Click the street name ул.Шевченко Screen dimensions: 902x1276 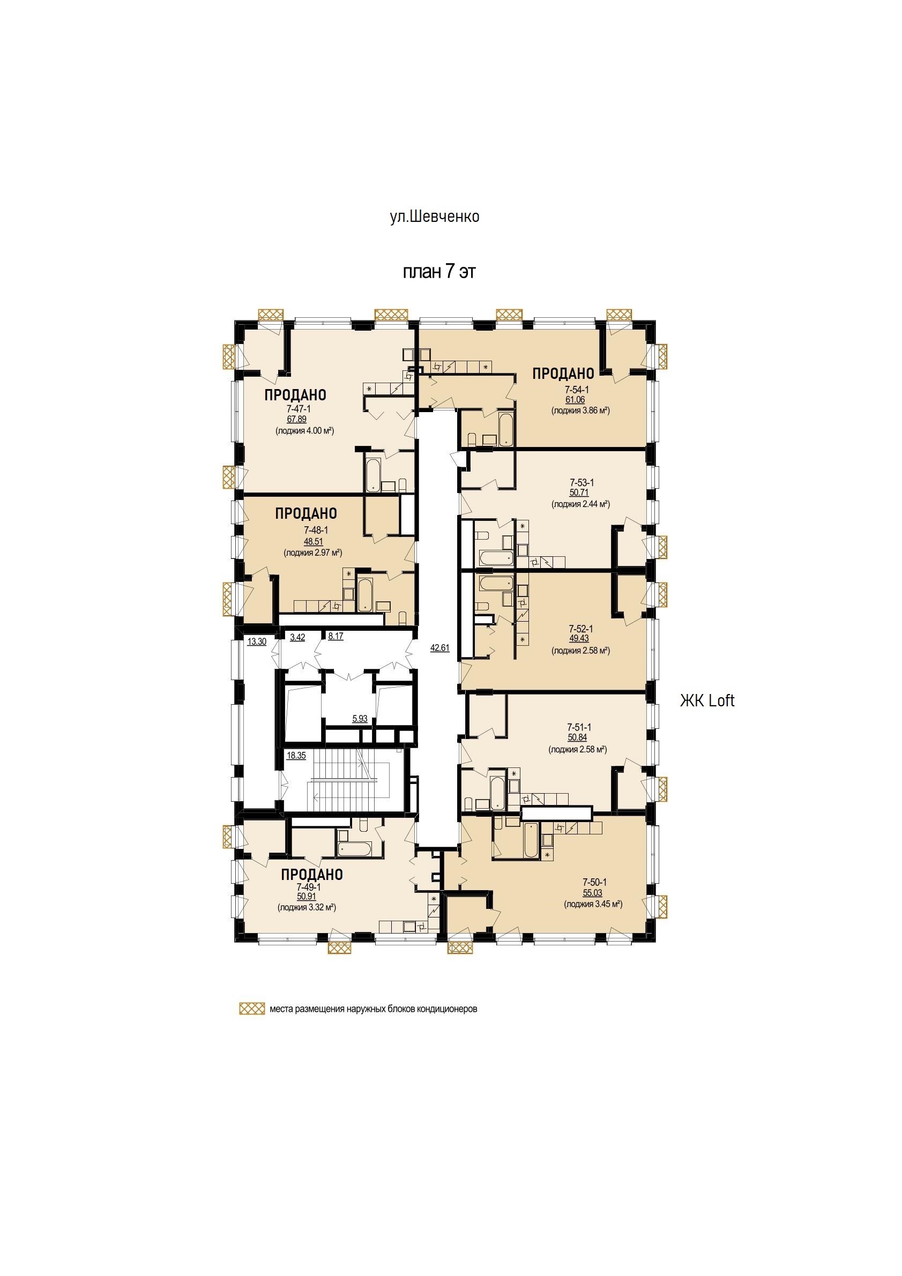[435, 216]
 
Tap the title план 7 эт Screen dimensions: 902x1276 [439, 272]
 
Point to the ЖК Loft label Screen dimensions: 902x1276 [707, 701]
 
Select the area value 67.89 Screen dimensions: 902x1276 [297, 420]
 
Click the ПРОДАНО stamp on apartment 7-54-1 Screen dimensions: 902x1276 [563, 374]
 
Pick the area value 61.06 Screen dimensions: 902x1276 [575, 400]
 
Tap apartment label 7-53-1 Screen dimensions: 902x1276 [582, 482]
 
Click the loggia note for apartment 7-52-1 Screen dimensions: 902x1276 [581, 650]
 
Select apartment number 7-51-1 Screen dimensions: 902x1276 [579, 727]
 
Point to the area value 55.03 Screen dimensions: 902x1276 [592, 893]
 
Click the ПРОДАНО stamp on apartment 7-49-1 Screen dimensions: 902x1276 [312, 874]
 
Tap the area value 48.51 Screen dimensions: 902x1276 [314, 541]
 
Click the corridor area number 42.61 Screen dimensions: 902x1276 [439, 647]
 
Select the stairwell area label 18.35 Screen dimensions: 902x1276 [296, 755]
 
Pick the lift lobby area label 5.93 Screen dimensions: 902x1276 [360, 719]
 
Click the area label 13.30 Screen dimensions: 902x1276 [257, 641]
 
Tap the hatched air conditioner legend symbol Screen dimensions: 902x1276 [252, 1009]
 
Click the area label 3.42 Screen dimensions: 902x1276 [297, 637]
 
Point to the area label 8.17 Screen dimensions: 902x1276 [335, 636]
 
